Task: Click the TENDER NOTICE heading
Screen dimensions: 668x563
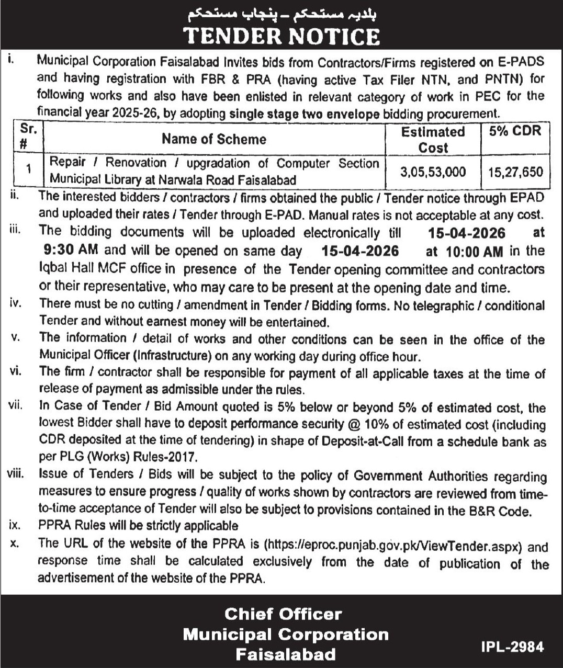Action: (281, 36)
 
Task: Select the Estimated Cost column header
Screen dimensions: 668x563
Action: (433, 140)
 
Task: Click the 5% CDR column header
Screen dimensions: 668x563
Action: (515, 131)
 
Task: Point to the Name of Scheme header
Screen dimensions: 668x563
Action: (213, 139)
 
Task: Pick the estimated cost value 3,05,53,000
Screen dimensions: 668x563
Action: (433, 172)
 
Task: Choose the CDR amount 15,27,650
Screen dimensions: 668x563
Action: (515, 172)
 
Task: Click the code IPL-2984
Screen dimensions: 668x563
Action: (512, 647)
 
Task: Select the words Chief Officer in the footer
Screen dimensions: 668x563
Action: (283, 614)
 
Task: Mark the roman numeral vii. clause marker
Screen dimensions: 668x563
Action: (15, 405)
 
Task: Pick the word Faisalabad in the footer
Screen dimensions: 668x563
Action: (285, 654)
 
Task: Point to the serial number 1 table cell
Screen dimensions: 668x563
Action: (29, 169)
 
